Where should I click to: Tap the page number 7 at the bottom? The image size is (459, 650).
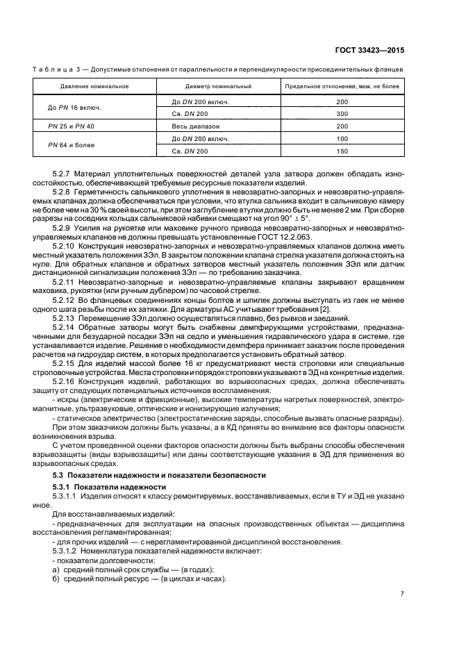coord(402,594)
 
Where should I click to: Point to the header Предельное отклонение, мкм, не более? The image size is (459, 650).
coord(342,86)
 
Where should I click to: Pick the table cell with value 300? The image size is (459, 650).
coord(342,113)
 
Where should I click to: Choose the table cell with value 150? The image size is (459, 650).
coord(342,151)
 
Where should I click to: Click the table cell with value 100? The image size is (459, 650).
coord(342,139)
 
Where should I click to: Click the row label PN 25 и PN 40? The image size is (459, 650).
coord(72,126)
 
